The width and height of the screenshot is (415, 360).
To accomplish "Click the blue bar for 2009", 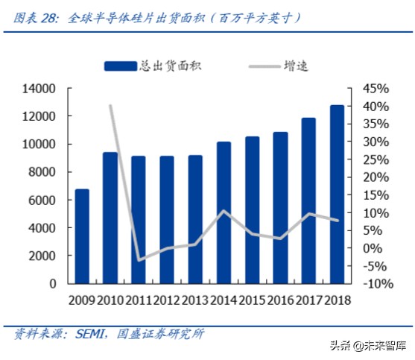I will (x=82, y=236).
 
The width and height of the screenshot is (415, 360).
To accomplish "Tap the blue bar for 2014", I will (x=224, y=212).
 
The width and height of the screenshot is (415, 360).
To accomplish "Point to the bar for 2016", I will (x=280, y=208).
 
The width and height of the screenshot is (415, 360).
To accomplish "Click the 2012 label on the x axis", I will (x=167, y=299).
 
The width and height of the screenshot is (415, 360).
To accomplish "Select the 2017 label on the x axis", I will (x=308, y=299).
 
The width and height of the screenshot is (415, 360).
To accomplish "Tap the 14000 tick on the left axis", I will (x=41, y=89).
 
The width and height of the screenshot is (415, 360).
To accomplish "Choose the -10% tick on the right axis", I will (x=377, y=284).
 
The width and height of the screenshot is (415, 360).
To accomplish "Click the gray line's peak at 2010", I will (x=110, y=106).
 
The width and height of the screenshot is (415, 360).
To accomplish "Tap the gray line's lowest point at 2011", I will (x=139, y=260).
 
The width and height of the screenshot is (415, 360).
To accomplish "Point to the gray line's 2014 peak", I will (x=224, y=211).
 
